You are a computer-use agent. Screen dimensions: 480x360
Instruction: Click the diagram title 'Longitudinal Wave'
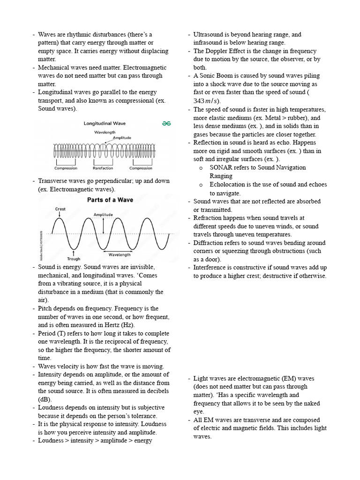coord(104,124)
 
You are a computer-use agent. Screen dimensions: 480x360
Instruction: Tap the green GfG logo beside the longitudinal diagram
coord(166,123)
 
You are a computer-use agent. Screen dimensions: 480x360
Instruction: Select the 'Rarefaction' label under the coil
coord(103,168)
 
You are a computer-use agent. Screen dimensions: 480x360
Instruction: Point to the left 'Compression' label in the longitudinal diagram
coord(66,168)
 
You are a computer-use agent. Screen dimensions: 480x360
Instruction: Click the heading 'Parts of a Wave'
coord(110,200)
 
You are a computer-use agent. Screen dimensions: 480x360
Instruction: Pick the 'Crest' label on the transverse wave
coord(60,209)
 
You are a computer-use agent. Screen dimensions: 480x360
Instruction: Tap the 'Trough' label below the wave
coord(74,258)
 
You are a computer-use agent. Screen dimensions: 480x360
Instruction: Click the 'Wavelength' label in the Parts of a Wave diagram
coord(120,255)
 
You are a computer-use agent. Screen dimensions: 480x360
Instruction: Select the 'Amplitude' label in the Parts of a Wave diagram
coord(103,215)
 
